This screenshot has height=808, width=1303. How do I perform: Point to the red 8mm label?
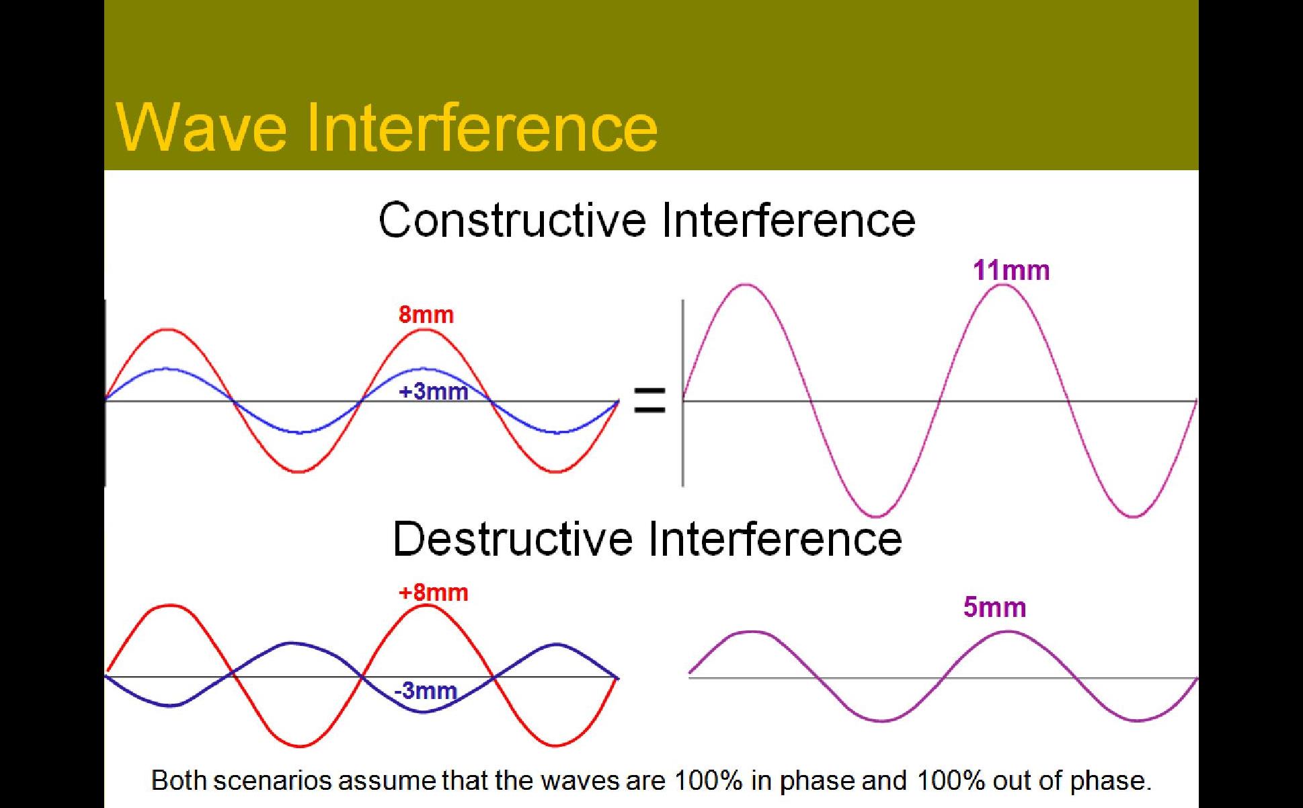click(426, 314)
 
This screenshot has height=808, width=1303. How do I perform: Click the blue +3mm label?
click(434, 391)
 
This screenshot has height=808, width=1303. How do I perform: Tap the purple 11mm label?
click(1011, 270)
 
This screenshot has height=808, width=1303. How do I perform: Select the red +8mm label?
click(433, 592)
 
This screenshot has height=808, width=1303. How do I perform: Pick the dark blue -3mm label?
click(426, 690)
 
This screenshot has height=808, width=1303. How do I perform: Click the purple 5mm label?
click(994, 607)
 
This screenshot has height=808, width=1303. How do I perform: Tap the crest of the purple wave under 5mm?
click(1007, 632)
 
